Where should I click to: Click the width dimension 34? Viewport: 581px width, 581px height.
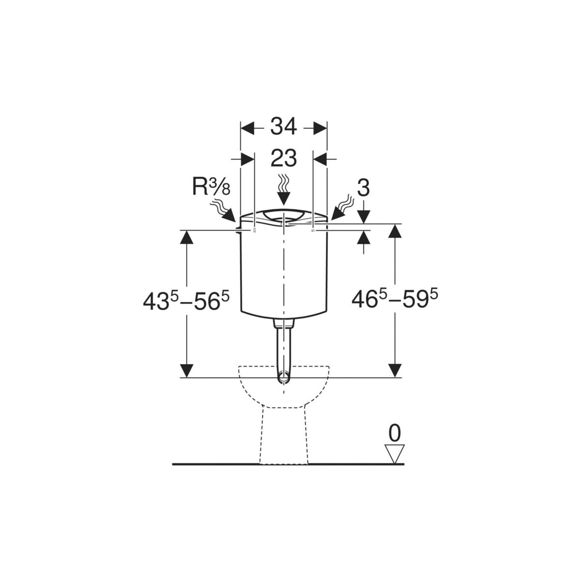click(283, 127)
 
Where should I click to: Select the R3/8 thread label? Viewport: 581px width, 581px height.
click(212, 187)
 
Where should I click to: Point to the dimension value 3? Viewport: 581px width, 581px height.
click(364, 189)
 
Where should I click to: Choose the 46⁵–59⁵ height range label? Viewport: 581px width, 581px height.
click(395, 299)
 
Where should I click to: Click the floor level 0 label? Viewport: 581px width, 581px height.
click(395, 433)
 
